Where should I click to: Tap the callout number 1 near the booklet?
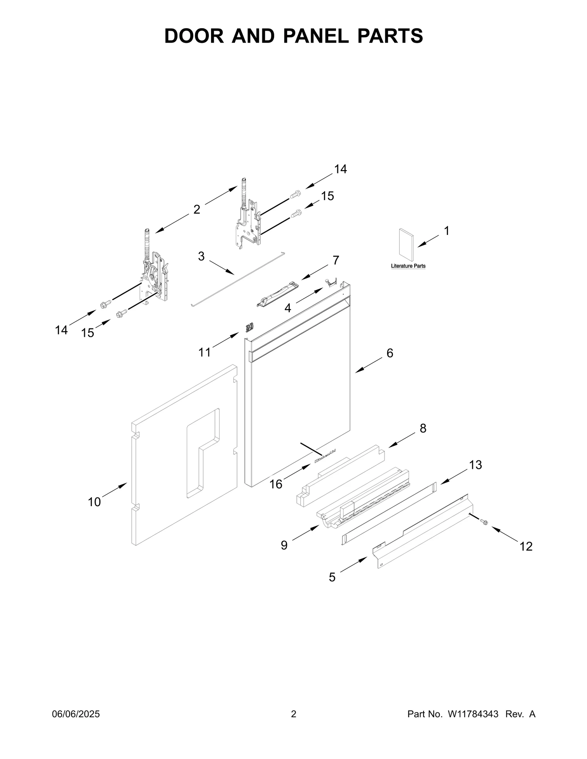446,231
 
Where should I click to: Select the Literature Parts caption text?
408,266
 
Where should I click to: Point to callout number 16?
276,484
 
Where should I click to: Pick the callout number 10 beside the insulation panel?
94,502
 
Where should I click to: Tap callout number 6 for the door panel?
390,353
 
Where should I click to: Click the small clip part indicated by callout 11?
249,327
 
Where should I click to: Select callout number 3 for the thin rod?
201,256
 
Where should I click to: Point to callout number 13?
475,465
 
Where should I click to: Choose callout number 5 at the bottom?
332,577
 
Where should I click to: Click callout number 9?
284,545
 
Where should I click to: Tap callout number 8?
423,428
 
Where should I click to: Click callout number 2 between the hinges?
197,209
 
